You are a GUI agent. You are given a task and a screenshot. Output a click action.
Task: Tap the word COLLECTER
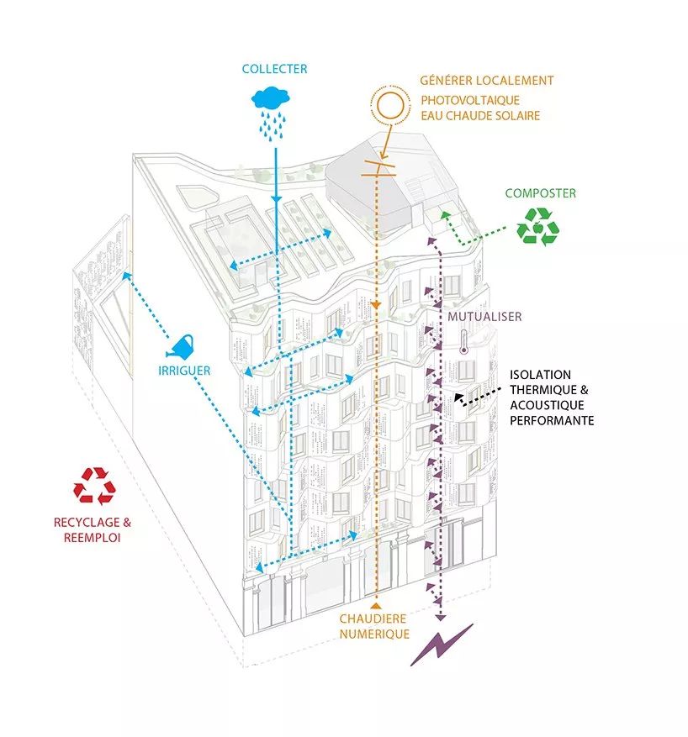coord(275,69)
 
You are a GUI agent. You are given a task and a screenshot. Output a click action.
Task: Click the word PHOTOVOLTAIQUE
coord(470,101)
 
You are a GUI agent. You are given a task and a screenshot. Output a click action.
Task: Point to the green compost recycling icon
coord(538,227)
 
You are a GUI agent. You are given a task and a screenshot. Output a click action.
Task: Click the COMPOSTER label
coord(540,193)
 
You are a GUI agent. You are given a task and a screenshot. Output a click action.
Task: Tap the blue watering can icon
coord(180,346)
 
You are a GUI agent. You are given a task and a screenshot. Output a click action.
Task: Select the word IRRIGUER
coord(184,371)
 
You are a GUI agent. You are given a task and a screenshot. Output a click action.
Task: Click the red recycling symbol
coord(94,486)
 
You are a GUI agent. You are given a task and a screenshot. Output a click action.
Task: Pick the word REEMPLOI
coord(93,538)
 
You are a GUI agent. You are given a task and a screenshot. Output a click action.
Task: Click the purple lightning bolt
coord(442,645)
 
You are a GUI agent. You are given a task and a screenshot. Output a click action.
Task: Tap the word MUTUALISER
coord(484,317)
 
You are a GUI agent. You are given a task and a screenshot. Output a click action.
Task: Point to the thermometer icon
coord(463,342)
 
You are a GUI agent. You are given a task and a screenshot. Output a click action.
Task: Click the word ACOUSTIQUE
coord(547,405)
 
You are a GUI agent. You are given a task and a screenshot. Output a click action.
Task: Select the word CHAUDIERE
coord(373,619)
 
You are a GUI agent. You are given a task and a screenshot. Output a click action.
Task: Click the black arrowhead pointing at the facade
coord(459,399)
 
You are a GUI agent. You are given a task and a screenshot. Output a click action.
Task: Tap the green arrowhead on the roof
coord(445,216)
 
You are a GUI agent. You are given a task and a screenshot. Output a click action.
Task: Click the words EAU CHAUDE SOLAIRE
coord(480,116)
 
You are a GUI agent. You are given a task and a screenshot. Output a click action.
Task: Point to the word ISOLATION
coord(540,375)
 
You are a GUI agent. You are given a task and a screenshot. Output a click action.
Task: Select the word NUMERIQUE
coord(374,634)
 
